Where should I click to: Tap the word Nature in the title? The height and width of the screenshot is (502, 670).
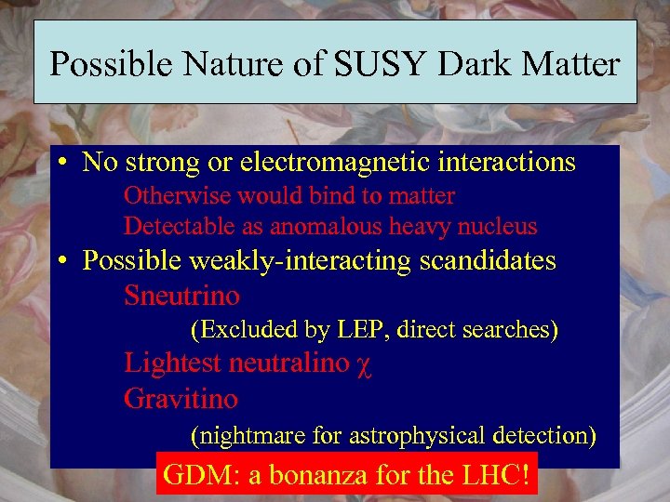[x=227, y=64]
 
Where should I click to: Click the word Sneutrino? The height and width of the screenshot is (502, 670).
[x=181, y=297]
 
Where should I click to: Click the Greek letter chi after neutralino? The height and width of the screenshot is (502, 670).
[x=364, y=365]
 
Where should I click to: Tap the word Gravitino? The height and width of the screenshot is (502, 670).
[x=181, y=400]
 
